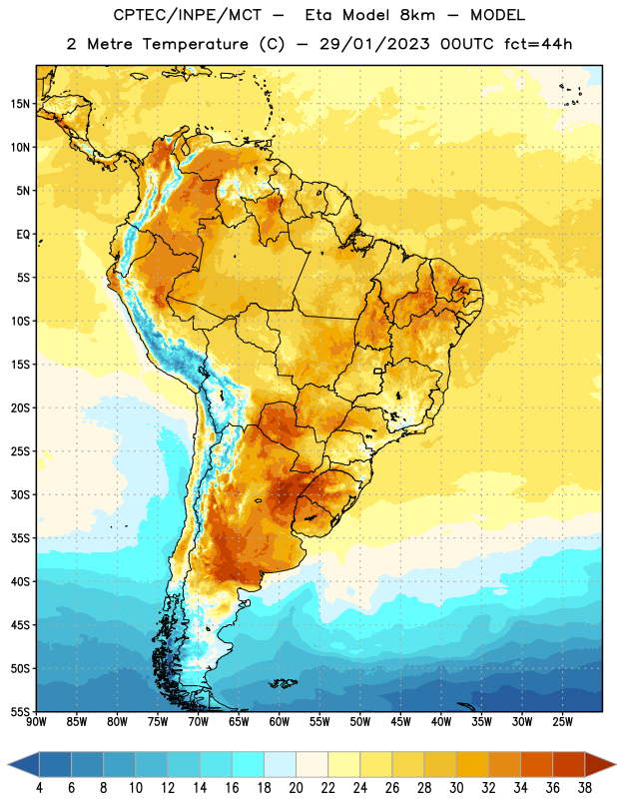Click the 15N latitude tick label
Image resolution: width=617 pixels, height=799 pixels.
click(20, 104)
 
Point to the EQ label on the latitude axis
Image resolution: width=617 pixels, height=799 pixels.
click(23, 235)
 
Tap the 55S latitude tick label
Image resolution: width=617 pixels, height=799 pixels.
click(20, 712)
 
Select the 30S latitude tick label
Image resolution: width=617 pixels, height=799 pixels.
click(20, 494)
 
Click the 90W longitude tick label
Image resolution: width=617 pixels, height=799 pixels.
click(36, 722)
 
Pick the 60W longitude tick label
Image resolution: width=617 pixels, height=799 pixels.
click(280, 722)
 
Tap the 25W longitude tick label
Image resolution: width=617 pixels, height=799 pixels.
click(562, 722)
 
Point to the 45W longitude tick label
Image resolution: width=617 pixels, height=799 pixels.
click(401, 722)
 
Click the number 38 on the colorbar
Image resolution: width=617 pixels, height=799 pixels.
click(585, 788)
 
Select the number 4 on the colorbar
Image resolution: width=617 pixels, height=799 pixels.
click(39, 788)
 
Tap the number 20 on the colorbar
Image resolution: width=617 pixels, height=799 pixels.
click(296, 788)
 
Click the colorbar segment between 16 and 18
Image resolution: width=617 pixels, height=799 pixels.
click(248, 765)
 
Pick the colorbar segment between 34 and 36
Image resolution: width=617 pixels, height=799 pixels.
click(536, 765)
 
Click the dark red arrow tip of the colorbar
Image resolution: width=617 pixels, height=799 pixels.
click(600, 765)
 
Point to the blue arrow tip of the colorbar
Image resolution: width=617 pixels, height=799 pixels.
click(23, 765)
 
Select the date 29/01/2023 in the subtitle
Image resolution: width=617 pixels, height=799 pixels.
click(374, 44)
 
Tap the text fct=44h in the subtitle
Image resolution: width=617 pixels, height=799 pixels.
click(538, 44)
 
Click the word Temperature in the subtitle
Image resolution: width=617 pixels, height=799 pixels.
click(195, 44)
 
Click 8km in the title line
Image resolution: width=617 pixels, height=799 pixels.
click(417, 15)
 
